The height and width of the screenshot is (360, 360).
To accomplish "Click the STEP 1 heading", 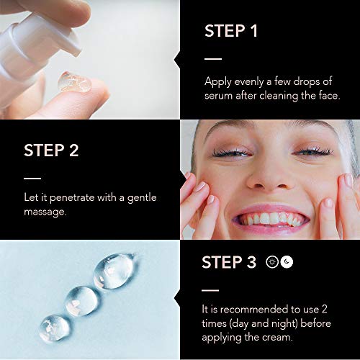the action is point(231,31).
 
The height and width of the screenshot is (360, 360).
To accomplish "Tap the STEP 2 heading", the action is point(51,150).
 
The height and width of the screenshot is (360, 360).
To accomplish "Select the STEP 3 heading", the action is point(229,262).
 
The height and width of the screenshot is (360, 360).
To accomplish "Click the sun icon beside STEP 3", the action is point(272,262).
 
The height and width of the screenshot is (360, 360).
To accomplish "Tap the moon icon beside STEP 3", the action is point(287,262).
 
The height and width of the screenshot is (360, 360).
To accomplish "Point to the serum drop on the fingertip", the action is point(74,82).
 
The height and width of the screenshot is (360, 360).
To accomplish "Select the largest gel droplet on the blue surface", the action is point(114,271).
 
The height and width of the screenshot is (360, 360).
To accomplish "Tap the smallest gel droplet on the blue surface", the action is point(55,328).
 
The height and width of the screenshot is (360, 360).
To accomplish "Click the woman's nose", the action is point(269,178).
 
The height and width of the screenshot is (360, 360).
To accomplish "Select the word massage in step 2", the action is point(45,212).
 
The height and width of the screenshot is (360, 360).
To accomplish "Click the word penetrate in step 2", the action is point(72,198).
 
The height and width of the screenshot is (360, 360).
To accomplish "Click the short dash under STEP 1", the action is point(213,58).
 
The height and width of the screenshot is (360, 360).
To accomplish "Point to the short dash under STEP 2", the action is point(32,179).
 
